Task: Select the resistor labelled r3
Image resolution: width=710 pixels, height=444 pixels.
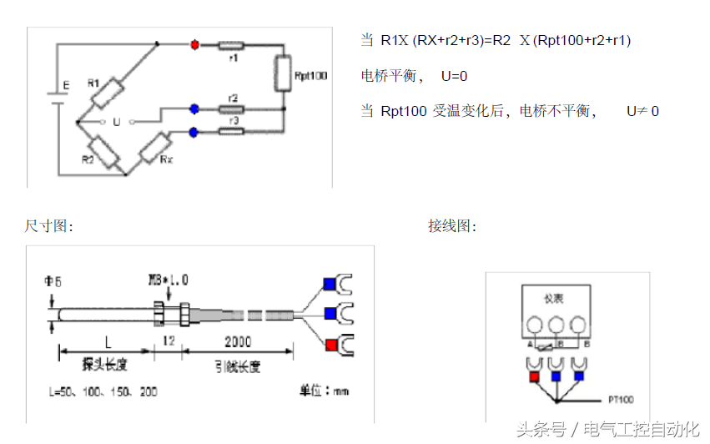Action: [x=232, y=131]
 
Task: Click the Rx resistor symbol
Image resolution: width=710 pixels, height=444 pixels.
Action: [x=155, y=149]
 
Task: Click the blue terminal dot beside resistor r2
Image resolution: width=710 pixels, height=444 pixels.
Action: [x=194, y=108]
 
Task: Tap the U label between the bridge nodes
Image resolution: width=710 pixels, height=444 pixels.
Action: [x=116, y=122]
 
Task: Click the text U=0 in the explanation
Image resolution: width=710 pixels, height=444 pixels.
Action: [x=454, y=76]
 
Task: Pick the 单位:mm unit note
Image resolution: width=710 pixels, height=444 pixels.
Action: [x=325, y=391]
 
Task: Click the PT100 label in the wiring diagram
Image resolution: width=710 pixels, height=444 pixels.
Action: [x=622, y=399]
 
